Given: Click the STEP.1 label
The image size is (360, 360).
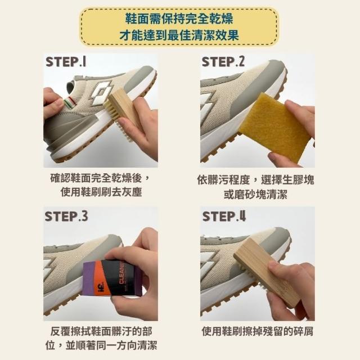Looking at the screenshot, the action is tap(66, 62).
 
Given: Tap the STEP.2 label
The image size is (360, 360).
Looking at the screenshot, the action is tap(223, 62).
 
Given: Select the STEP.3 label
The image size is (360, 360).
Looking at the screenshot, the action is tap(66, 216).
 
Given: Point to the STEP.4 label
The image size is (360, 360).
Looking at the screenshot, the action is tap(224, 216).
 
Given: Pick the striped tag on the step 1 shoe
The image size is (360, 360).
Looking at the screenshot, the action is tap(69, 102).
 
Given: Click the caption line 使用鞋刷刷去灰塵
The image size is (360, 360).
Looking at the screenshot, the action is tap(101, 192).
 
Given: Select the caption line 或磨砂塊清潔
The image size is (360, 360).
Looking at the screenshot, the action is tap(255, 194).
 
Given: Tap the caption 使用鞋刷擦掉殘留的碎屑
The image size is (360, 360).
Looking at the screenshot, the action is tap(258, 331).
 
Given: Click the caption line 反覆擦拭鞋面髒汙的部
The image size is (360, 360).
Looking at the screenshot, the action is tap(101, 331).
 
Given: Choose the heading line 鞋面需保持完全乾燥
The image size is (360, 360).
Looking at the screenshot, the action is tap(179, 19).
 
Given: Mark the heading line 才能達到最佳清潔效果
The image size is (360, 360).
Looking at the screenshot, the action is tap(179, 35).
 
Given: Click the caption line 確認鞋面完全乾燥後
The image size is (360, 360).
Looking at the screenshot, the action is tap(99, 178).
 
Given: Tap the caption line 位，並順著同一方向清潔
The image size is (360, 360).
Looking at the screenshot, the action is tap(101, 345).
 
